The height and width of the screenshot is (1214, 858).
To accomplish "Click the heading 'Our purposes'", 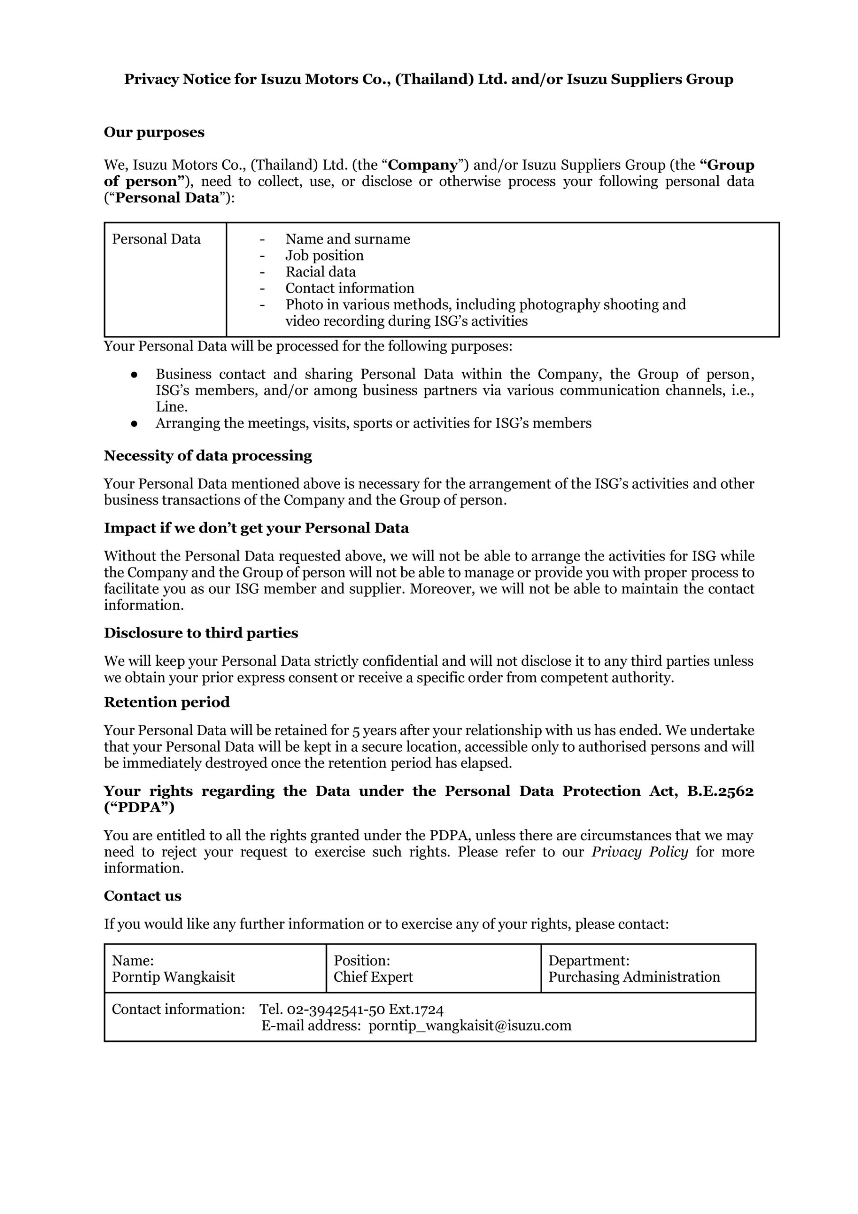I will coord(154,132).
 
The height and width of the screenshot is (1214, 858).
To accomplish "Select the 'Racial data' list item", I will coord(321,272).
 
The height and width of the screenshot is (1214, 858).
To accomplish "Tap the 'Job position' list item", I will coord(324,256).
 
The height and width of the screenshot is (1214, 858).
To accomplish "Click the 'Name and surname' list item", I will coord(348,239).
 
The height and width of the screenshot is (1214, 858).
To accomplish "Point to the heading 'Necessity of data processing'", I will coord(208,456).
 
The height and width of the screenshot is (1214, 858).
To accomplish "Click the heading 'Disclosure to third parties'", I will coord(201,633).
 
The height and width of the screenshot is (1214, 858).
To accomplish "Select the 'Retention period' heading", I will coord(166,702).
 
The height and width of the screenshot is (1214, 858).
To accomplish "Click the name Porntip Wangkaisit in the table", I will coord(174,976).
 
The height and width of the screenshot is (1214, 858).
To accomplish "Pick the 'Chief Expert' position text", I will coord(373,976).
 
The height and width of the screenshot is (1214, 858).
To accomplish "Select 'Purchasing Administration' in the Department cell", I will coord(634,976).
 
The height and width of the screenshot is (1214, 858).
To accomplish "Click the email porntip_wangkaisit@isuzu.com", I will coord(470,1026).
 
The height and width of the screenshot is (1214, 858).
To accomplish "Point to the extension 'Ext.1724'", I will coord(416,1010).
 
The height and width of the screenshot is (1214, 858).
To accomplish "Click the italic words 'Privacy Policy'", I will coord(639,852).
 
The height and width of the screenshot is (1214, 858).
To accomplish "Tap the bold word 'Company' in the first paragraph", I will coord(423,165).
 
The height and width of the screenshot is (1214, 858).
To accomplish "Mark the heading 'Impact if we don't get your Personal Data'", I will coord(256,528).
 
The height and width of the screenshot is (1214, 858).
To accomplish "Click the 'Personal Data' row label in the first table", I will coord(156,239).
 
